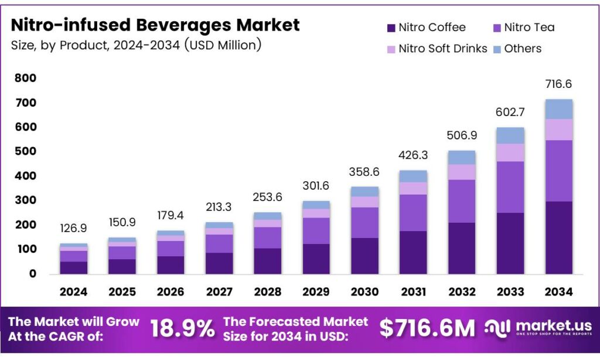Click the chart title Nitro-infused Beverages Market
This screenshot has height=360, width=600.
[x=155, y=25]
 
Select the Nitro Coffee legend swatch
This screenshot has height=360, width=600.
[x=391, y=28]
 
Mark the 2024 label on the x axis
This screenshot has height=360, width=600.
[x=73, y=291]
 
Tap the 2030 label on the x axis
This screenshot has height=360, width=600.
[x=364, y=291]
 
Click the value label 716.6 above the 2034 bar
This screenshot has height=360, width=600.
[x=558, y=84]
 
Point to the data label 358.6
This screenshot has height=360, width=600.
[x=364, y=172]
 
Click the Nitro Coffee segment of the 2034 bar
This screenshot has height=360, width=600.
[x=558, y=237]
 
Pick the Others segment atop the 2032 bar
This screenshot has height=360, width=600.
[x=461, y=157]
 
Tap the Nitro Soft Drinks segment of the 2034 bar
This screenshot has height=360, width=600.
[x=558, y=130]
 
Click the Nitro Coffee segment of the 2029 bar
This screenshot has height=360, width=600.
[x=316, y=259]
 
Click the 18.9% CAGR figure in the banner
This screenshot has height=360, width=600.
[x=182, y=329]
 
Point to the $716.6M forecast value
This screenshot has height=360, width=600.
[x=427, y=329]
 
